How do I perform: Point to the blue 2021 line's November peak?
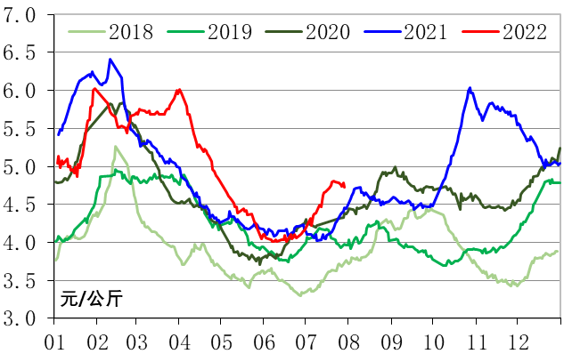pos(470,88)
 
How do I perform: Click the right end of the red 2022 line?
pos(345,185)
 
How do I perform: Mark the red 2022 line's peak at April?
pos(179,89)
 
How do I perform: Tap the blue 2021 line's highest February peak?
pos(110,60)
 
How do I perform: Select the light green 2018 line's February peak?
pos(115,146)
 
